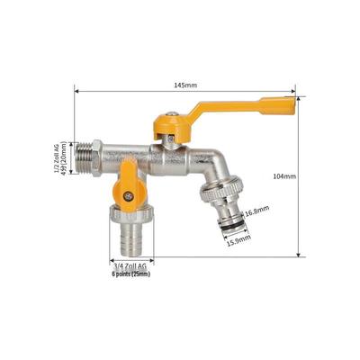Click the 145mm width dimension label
[185, 85]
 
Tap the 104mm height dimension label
[284, 176]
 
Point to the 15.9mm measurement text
[238, 240]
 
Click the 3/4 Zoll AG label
[130, 265]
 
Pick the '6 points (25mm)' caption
[131, 274]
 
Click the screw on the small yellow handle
[129, 196]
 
